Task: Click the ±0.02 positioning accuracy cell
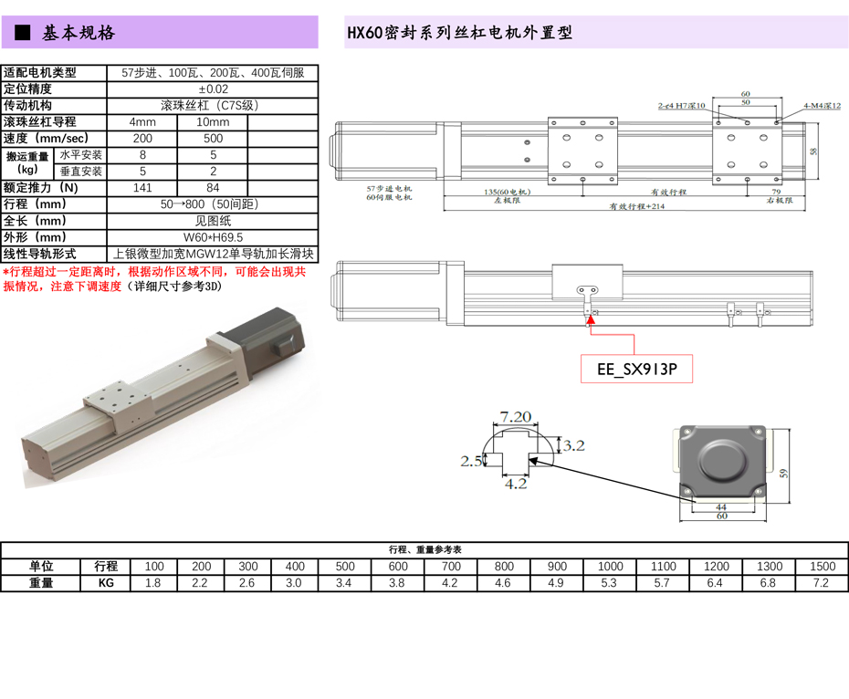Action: (x=213, y=89)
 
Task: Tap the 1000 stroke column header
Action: (x=611, y=567)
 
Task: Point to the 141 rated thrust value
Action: (x=142, y=188)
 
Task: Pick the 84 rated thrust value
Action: (x=213, y=188)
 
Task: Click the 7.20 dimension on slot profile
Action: (x=516, y=417)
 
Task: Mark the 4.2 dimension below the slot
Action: (x=516, y=484)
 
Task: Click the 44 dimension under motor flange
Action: (x=720, y=506)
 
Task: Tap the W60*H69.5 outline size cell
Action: (x=213, y=238)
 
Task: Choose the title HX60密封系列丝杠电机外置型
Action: (x=459, y=34)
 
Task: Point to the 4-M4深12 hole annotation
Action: (x=822, y=106)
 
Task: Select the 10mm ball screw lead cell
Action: (x=213, y=122)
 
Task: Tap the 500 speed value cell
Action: (x=213, y=139)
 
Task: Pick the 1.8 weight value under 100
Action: (x=154, y=583)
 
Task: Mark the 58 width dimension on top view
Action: (x=813, y=151)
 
